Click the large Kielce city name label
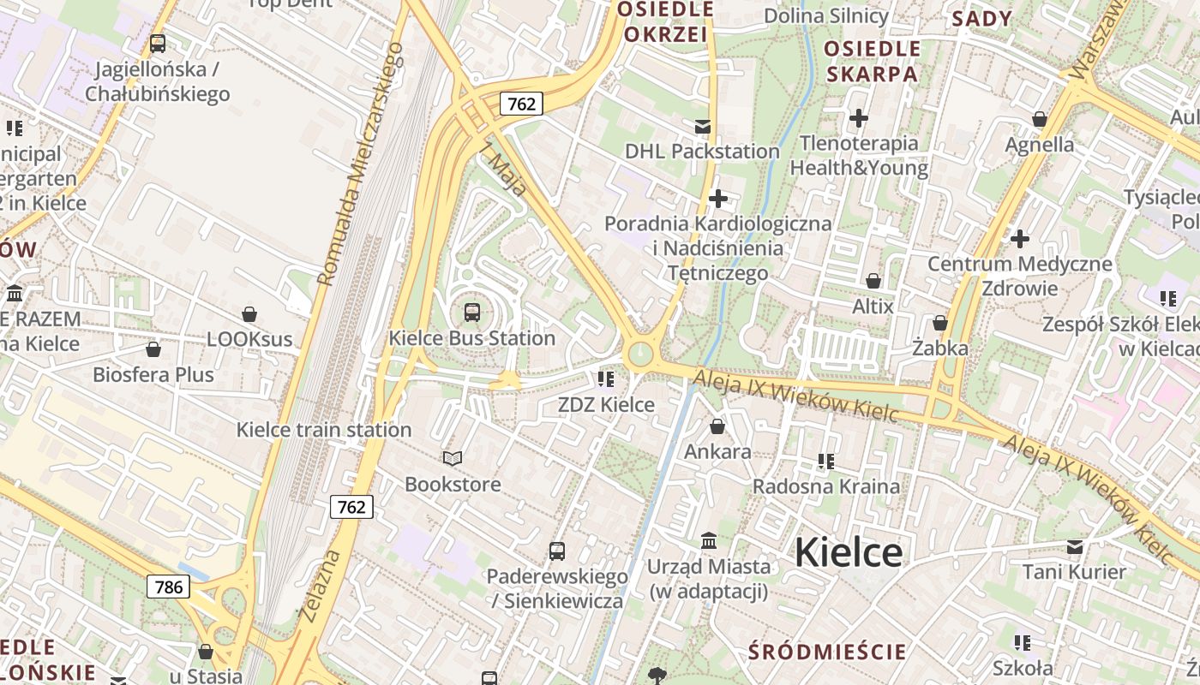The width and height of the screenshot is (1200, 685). point(848,552)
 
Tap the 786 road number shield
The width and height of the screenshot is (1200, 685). point(169,587)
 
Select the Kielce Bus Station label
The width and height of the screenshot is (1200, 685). point(472,338)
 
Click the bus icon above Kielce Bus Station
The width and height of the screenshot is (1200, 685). point(472,313)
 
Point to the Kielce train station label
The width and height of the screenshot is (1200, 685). point(324,430)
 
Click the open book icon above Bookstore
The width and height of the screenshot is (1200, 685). point(453,460)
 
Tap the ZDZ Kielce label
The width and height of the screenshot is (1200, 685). point(606,405)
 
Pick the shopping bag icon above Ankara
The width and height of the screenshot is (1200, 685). point(717,426)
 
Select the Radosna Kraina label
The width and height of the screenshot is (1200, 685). point(826,486)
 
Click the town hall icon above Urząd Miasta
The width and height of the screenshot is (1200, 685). point(709,541)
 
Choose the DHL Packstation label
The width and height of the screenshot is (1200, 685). point(702,152)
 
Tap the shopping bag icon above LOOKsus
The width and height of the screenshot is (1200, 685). point(249,315)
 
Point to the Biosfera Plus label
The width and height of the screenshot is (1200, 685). point(153,374)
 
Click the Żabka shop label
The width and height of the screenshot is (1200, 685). point(940,348)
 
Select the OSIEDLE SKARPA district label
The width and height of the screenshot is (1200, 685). point(872,61)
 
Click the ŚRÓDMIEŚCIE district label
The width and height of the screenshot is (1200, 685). point(827,652)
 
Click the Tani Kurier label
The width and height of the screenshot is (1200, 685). point(1074,571)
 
